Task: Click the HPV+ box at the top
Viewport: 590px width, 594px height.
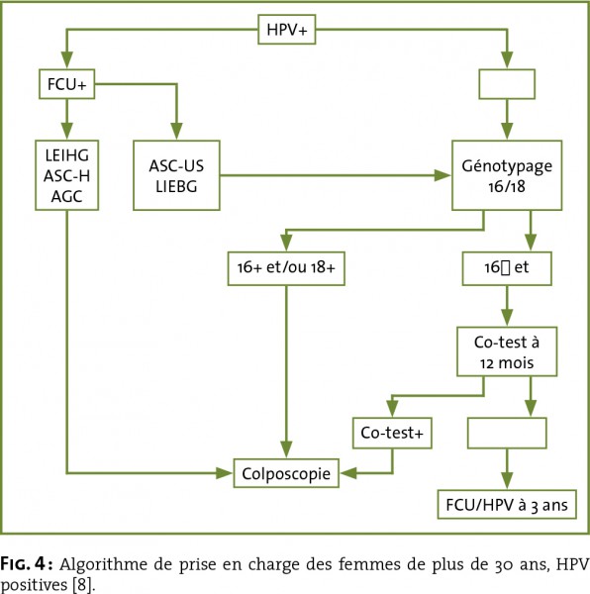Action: point(287,30)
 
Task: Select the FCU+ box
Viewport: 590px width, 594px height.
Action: point(67,84)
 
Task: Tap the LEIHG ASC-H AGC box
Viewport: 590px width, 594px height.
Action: point(67,175)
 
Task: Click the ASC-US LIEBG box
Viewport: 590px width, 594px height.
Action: point(176,175)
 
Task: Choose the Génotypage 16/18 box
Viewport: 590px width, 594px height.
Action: point(507,175)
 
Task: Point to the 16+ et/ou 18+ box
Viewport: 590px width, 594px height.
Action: point(286,268)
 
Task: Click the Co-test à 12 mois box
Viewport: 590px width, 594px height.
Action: point(507,351)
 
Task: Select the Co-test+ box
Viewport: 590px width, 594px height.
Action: point(392,433)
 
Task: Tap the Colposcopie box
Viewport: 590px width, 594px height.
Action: point(286,473)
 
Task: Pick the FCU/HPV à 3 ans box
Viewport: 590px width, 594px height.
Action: point(507,505)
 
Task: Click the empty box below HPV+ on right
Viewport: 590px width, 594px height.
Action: point(507,84)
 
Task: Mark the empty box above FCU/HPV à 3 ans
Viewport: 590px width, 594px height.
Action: point(507,433)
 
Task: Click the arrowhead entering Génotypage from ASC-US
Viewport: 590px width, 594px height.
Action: point(442,175)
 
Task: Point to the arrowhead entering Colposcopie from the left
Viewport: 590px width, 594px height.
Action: point(224,473)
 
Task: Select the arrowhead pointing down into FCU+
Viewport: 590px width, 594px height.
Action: point(67,59)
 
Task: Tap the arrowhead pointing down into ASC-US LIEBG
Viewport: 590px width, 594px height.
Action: point(176,131)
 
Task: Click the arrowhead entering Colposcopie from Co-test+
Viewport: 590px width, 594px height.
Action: point(348,473)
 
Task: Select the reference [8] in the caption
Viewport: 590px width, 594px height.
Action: point(82,585)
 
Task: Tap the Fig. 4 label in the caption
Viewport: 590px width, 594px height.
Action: point(28,564)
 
